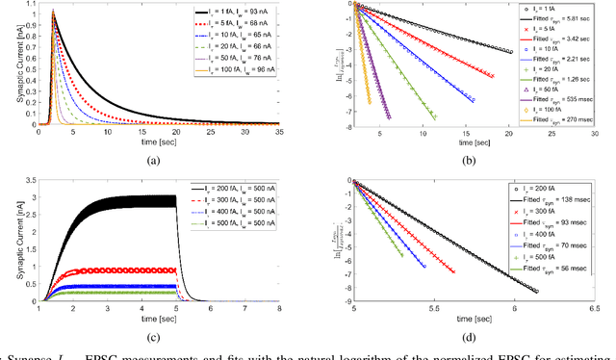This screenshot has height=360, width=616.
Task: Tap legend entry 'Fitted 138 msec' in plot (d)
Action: pyautogui.click(x=554, y=197)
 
